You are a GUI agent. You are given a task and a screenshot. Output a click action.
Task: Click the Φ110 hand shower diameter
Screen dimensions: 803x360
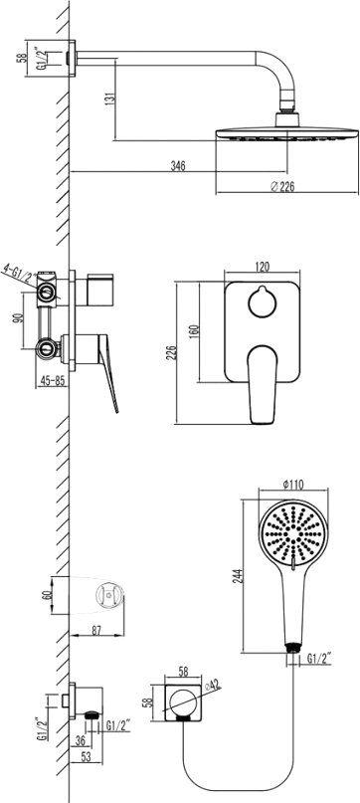290,485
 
